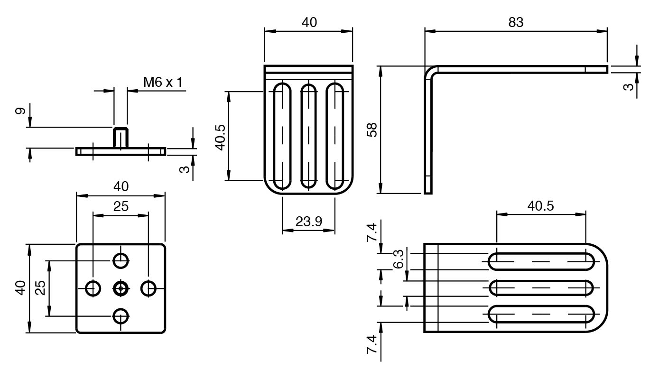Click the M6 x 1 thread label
[x=163, y=82]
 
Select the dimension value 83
[x=516, y=22]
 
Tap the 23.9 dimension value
[x=309, y=221]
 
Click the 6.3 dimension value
[x=399, y=259]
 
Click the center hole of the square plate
[x=121, y=287]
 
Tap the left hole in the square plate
[x=93, y=287]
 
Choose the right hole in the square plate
[x=149, y=287]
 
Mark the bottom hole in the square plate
[x=121, y=315]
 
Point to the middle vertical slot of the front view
[x=309, y=136]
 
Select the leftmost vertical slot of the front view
[x=282, y=136]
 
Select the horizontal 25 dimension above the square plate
[x=121, y=206]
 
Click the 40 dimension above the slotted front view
[x=309, y=22]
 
